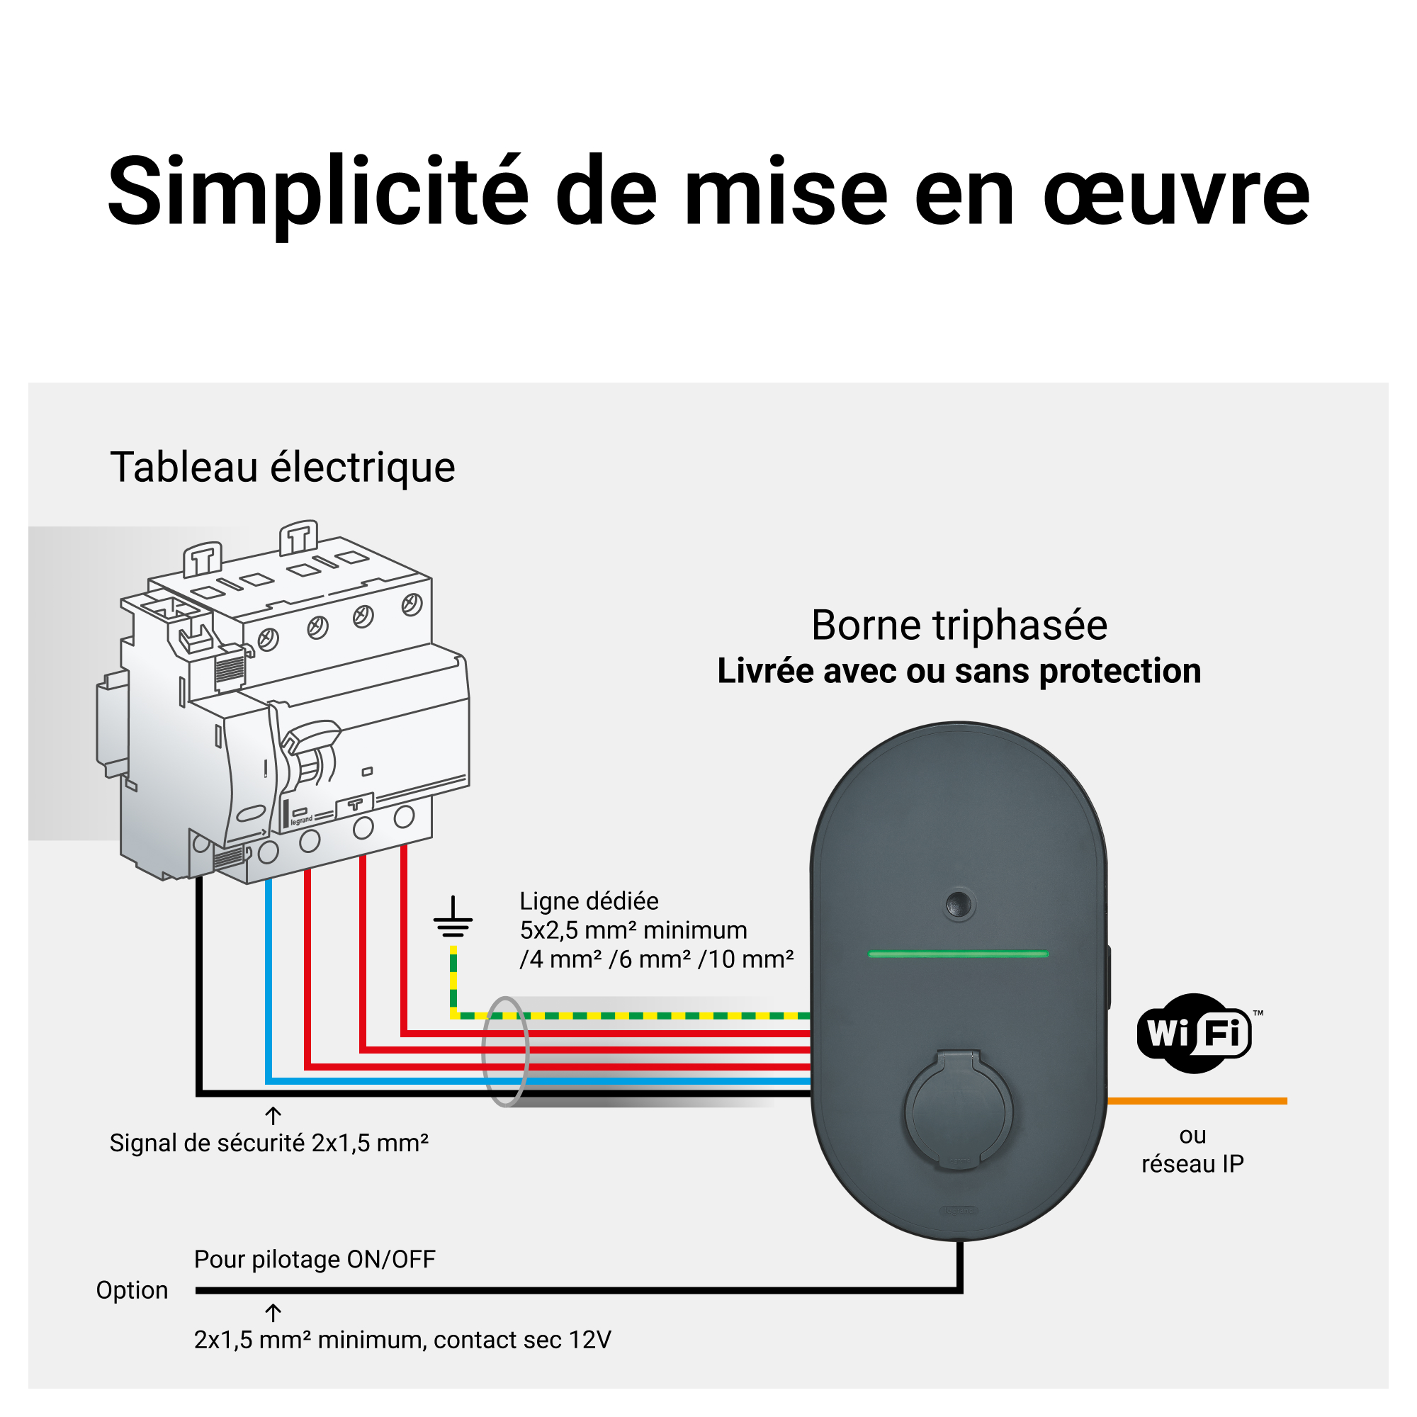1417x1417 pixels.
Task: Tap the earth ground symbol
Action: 453,920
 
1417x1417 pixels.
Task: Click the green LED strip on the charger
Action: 958,954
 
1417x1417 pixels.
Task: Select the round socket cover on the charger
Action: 958,1110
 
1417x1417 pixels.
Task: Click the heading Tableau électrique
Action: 283,467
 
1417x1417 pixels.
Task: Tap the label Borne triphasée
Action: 959,626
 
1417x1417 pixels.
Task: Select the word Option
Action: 132,1290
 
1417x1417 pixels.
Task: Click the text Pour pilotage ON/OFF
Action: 315,1259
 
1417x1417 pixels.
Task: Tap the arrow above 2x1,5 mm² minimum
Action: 273,1312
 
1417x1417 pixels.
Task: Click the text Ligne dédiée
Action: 589,901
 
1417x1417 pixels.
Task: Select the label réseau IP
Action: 1192,1164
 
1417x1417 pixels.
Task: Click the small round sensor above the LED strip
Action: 959,904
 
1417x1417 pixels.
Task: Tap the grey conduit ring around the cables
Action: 504,1051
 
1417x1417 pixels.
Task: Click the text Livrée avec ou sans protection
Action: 959,671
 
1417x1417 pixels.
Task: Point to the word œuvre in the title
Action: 1175,192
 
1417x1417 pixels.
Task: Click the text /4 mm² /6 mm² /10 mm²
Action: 657,959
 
